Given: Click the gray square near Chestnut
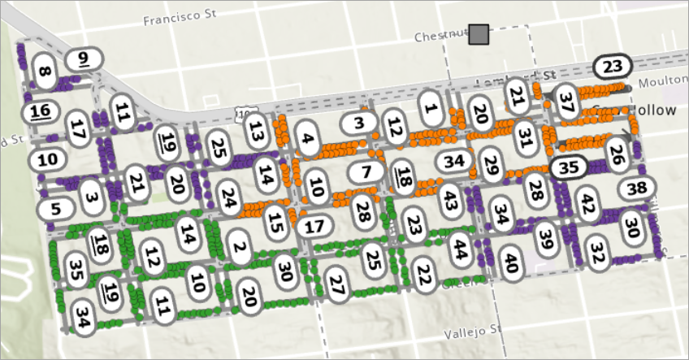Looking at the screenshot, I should click(479, 34).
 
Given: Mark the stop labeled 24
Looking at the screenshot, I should click(230, 197).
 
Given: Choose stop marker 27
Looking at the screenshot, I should click(337, 284).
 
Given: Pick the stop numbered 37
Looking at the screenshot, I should click(567, 102).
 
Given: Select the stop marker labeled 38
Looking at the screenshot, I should click(638, 189).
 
